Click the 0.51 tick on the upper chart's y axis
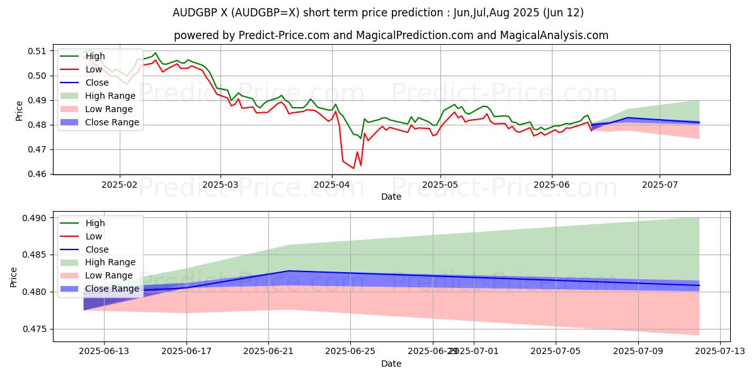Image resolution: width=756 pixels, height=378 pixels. click(x=39, y=51)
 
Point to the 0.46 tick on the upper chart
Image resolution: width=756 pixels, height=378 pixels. click(x=39, y=175)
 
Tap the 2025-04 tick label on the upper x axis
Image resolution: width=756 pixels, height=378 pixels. click(x=332, y=185)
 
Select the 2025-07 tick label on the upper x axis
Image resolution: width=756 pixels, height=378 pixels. click(x=660, y=185)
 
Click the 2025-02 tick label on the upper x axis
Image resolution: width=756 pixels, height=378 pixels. click(x=120, y=185)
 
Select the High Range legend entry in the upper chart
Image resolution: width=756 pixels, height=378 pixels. click(x=110, y=96)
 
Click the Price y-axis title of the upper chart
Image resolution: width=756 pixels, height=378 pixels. click(x=19, y=110)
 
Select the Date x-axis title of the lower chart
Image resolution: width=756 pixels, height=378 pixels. click(x=391, y=364)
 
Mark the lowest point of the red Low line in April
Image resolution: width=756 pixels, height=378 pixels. click(x=353, y=168)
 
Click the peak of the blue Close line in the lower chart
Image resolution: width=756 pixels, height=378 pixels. click(x=289, y=271)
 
